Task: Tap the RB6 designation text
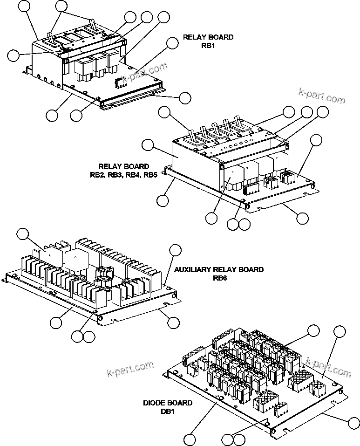coord(218,278)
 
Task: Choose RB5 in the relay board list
coord(150,175)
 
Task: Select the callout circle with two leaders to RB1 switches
coord(61,6)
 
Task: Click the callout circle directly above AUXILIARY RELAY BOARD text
coord(175,249)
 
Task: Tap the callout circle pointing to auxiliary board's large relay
coord(23,234)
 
